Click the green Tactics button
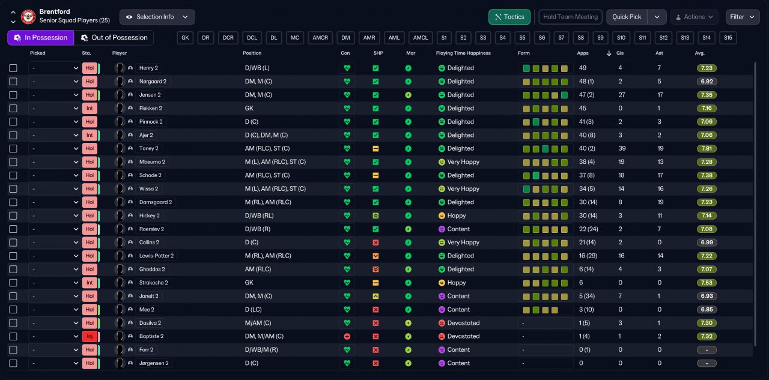tap(509, 17)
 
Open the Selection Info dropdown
tap(157, 17)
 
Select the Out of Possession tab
tap(114, 38)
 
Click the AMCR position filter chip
tap(320, 38)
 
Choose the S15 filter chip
tap(728, 38)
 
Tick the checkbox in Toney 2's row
tap(13, 148)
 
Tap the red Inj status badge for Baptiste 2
tap(90, 336)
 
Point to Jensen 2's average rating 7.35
tap(707, 95)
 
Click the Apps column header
tap(583, 53)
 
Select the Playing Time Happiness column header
tap(463, 53)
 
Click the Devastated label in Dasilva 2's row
tap(463, 323)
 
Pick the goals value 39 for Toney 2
tap(622, 148)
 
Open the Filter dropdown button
tap(742, 17)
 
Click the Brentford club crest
tap(28, 16)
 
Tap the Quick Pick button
tap(627, 17)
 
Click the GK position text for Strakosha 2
tap(249, 283)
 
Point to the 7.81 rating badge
tap(707, 148)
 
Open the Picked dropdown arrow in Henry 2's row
tap(76, 68)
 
